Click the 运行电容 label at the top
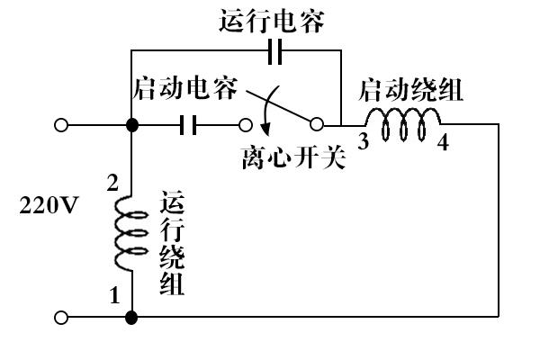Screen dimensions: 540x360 pos(272,22)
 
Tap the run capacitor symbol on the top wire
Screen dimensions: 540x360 pos(274,51)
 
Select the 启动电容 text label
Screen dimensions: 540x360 pos(185,88)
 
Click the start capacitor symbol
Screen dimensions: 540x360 pos(188,125)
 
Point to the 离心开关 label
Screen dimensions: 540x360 pos(293,158)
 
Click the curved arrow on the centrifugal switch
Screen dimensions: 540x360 pos(267,110)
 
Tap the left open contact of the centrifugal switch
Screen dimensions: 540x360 pos(245,125)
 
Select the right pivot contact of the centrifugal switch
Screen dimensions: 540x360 pos(317,124)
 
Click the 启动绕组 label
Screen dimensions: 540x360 pos(411,90)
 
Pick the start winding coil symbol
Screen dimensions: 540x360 pos(403,124)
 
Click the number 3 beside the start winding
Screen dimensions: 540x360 pos(364,141)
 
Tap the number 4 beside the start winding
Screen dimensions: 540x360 pos(443,142)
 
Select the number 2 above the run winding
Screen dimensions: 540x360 pos(112,183)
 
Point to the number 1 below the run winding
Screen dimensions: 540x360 pos(114,295)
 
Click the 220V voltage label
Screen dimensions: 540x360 pos(49,205)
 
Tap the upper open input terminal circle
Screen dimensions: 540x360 pos(61,125)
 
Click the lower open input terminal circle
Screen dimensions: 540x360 pos(61,318)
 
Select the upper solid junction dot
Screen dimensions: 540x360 pos(132,125)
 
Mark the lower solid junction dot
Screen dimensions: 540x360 pos(131,318)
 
